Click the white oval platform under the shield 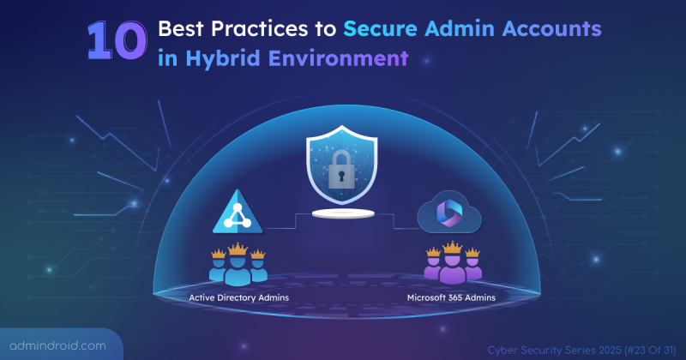point(342,211)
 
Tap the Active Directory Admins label point(237,297)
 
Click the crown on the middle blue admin point(237,248)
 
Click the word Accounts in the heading point(552,29)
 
